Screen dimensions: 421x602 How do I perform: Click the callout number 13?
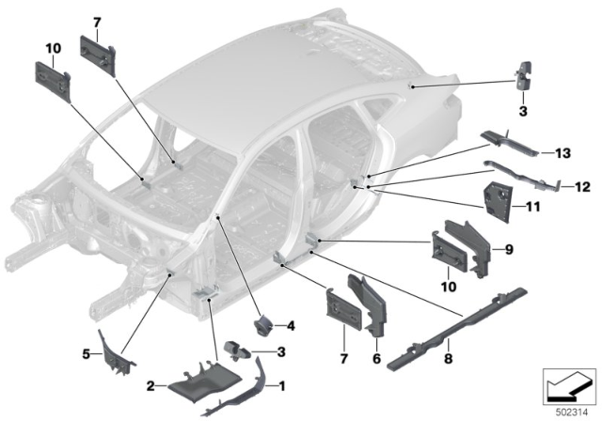click(x=562, y=152)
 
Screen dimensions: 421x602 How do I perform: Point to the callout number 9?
click(x=509, y=249)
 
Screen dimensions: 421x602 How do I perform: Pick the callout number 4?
click(x=291, y=326)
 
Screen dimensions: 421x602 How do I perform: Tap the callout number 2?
click(x=148, y=384)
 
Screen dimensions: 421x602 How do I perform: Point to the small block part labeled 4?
click(x=263, y=326)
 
